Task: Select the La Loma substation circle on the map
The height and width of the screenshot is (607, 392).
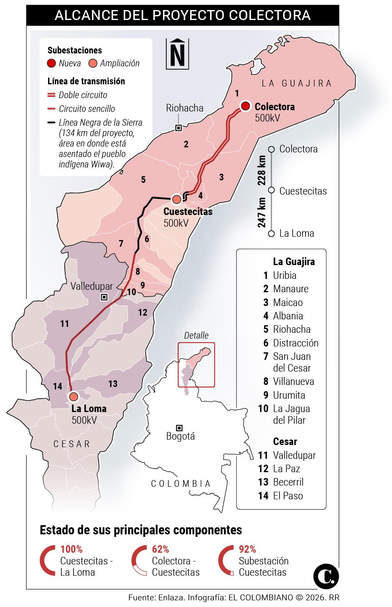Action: (x=74, y=396)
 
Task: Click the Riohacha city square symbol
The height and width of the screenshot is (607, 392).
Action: (x=178, y=128)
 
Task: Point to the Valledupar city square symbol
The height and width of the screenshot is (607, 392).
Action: (x=104, y=297)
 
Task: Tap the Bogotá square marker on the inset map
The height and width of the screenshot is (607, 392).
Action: (x=179, y=427)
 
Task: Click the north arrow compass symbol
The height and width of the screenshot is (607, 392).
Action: (x=177, y=53)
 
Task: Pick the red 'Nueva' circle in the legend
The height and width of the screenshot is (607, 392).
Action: (x=52, y=63)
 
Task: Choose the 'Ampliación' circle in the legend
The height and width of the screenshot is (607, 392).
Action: (x=93, y=63)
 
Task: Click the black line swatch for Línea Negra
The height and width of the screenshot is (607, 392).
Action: (x=52, y=122)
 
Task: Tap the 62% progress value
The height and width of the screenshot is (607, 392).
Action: (x=160, y=549)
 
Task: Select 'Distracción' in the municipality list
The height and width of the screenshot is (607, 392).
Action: (x=295, y=343)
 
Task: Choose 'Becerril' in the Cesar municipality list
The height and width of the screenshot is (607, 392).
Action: (x=288, y=482)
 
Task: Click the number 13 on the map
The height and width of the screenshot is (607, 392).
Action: (x=113, y=383)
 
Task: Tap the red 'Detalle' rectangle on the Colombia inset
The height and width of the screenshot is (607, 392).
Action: (x=196, y=364)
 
